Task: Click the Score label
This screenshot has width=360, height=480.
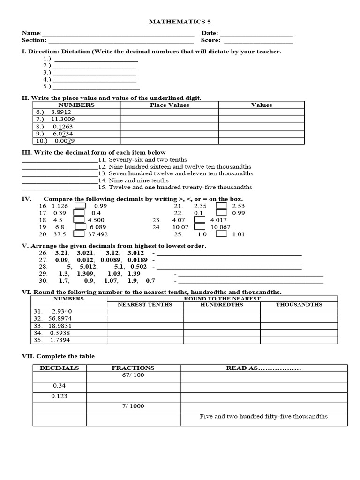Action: (x=210, y=41)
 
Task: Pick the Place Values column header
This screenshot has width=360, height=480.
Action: (x=169, y=105)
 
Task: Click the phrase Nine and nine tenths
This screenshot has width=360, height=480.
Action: (x=138, y=180)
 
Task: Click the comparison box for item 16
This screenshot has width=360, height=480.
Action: (x=80, y=206)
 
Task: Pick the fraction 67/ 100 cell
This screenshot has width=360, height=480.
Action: (x=133, y=376)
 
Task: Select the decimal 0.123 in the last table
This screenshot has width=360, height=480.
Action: (x=59, y=396)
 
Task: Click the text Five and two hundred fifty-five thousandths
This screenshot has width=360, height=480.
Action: (x=263, y=416)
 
